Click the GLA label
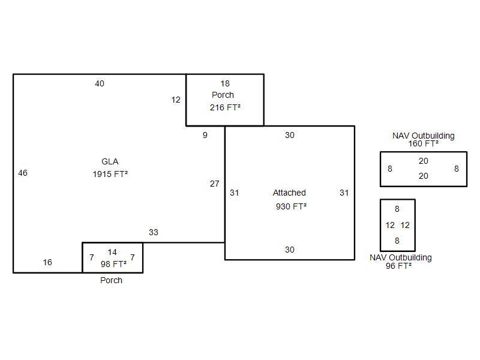(x=110, y=161)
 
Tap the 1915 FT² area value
(x=110, y=174)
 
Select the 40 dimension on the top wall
(x=100, y=83)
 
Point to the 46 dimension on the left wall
(x=23, y=173)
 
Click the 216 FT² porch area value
(x=225, y=107)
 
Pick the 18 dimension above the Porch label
(x=225, y=83)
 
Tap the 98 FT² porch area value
(x=113, y=263)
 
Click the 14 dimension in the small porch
(x=112, y=252)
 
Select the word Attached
(x=289, y=193)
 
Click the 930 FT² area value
(x=291, y=206)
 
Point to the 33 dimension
(x=154, y=232)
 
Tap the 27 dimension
(x=214, y=184)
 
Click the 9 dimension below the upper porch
(x=205, y=135)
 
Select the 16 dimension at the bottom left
(x=47, y=262)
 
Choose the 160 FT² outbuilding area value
(x=424, y=143)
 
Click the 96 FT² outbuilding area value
(x=399, y=265)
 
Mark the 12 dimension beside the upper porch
(x=176, y=100)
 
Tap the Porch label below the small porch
(x=111, y=280)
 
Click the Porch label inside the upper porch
(x=223, y=95)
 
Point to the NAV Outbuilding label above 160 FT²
(x=424, y=136)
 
